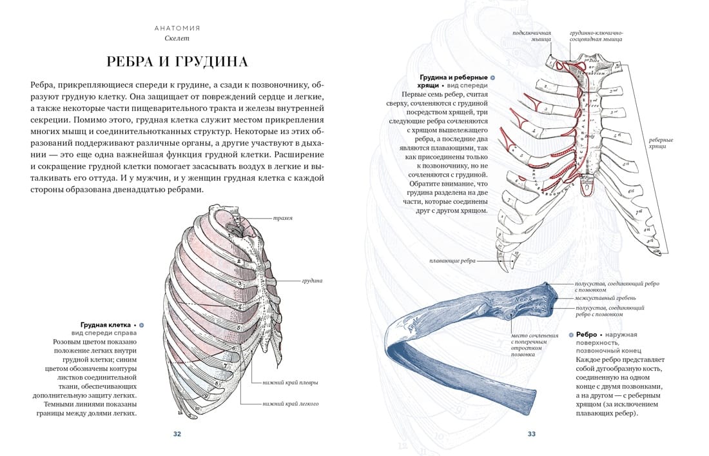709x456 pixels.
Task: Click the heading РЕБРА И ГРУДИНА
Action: click(177, 61)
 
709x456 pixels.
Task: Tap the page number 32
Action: click(177, 434)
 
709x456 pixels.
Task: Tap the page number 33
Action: click(532, 434)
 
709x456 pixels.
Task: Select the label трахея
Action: click(283, 218)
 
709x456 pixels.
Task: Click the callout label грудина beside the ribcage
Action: click(312, 281)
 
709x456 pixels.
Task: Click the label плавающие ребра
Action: click(452, 261)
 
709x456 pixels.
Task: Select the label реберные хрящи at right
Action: click(661, 143)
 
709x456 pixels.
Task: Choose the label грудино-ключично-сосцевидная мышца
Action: click(596, 35)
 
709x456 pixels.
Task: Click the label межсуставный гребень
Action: click(606, 298)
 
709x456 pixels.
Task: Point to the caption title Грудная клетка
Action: click(106, 324)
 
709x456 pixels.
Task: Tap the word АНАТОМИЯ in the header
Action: click(177, 28)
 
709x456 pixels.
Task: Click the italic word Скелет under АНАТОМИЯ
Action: click(177, 38)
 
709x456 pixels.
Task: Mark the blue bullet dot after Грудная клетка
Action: click(142, 324)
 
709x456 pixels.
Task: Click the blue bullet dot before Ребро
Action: click(571, 335)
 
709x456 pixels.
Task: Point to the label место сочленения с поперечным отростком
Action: click(535, 345)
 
